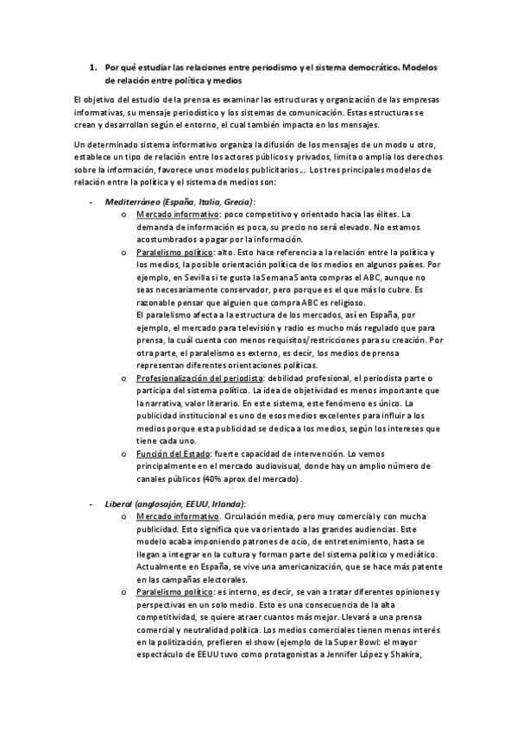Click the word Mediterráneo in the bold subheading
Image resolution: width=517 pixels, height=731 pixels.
click(134, 201)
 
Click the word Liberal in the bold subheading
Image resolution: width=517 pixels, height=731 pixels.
click(118, 503)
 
